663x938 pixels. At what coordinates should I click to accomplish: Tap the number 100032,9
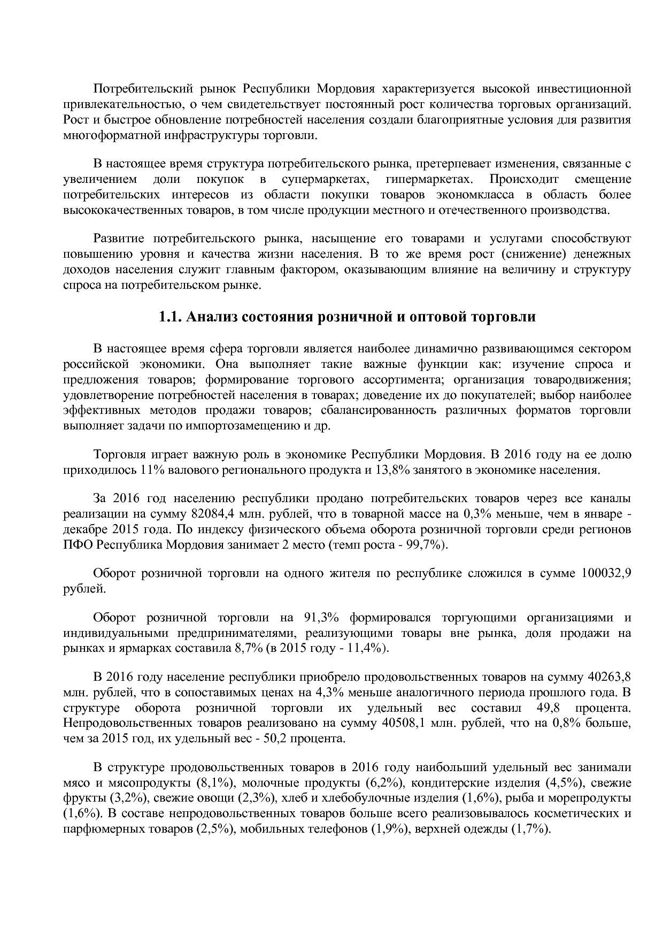click(x=605, y=574)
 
